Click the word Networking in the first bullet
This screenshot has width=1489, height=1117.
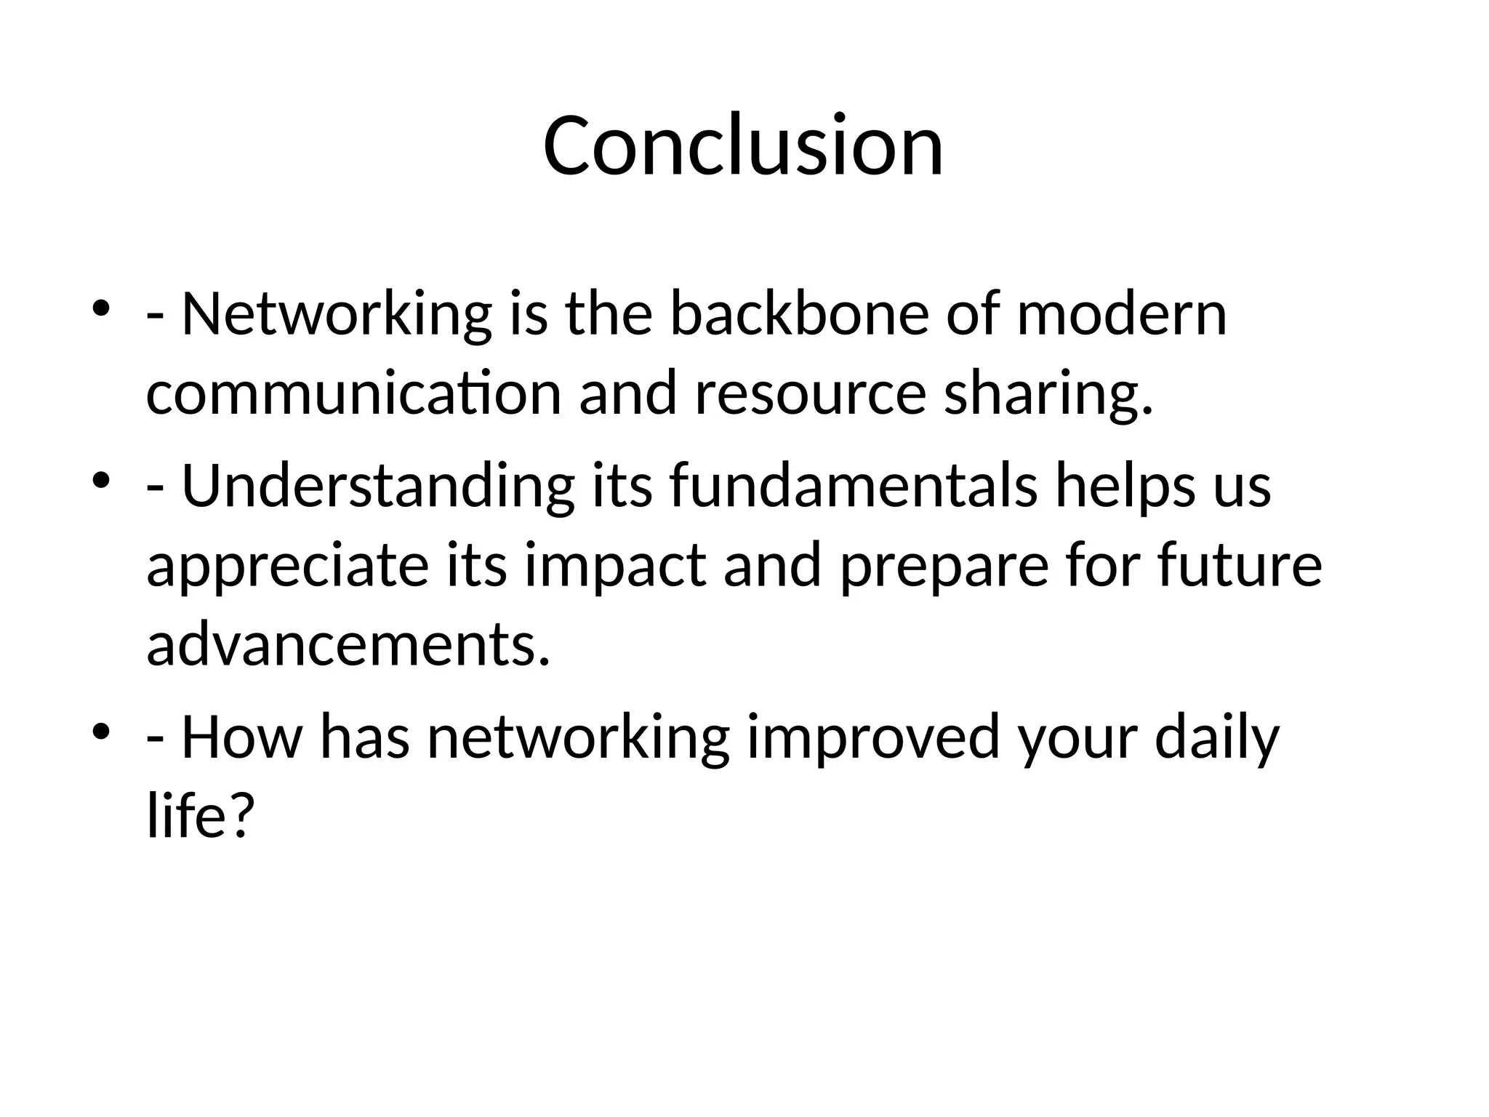point(337,314)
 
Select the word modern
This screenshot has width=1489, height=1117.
point(1121,314)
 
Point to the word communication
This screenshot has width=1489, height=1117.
point(353,393)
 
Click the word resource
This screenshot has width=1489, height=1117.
point(810,393)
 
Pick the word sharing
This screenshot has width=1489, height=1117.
point(1048,393)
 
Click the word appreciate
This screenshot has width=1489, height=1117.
point(287,566)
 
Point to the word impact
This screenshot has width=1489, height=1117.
point(614,566)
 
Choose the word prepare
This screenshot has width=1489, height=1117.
point(944,566)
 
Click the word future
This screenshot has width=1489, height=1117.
point(1240,566)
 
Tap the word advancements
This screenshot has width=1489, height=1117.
point(348,645)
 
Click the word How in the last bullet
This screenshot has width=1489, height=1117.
point(241,737)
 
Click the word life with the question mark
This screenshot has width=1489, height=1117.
point(198,816)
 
